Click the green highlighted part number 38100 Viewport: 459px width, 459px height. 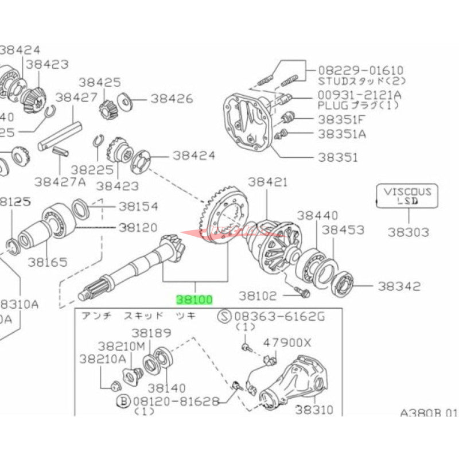pos(195,299)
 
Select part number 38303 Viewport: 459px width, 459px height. pos(408,232)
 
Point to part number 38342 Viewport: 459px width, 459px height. pos(399,286)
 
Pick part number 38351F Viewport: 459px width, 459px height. pos(341,119)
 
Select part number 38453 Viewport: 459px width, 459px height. pos(343,229)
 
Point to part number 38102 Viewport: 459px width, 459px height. pos(258,296)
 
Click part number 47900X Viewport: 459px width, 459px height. pos(287,343)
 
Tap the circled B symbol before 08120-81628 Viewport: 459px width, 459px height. pos(123,400)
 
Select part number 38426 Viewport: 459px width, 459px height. pos(172,98)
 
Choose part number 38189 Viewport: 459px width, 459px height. pos(151,333)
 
